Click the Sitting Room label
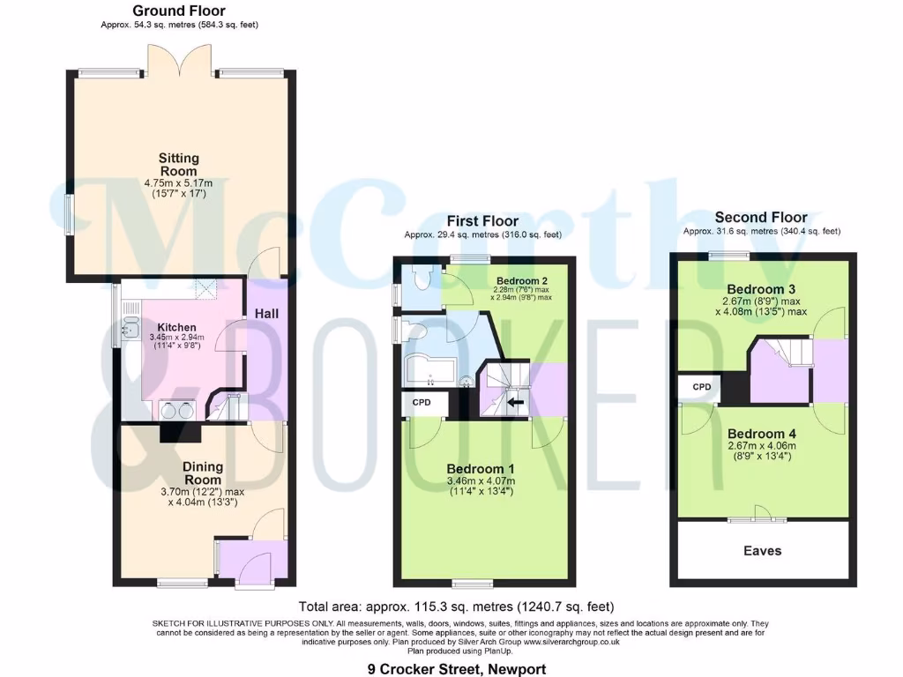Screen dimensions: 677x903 pos(178,165)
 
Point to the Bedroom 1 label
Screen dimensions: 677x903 pos(480,468)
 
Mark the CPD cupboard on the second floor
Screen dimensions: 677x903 pos(701,387)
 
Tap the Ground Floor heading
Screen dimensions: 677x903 pos(179,11)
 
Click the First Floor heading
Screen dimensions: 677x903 pos(482,220)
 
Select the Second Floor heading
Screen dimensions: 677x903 pos(761,217)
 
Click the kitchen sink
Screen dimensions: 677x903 pos(129,328)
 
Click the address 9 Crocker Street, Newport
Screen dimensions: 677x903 pos(457,669)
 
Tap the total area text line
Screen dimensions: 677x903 pos(456,606)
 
